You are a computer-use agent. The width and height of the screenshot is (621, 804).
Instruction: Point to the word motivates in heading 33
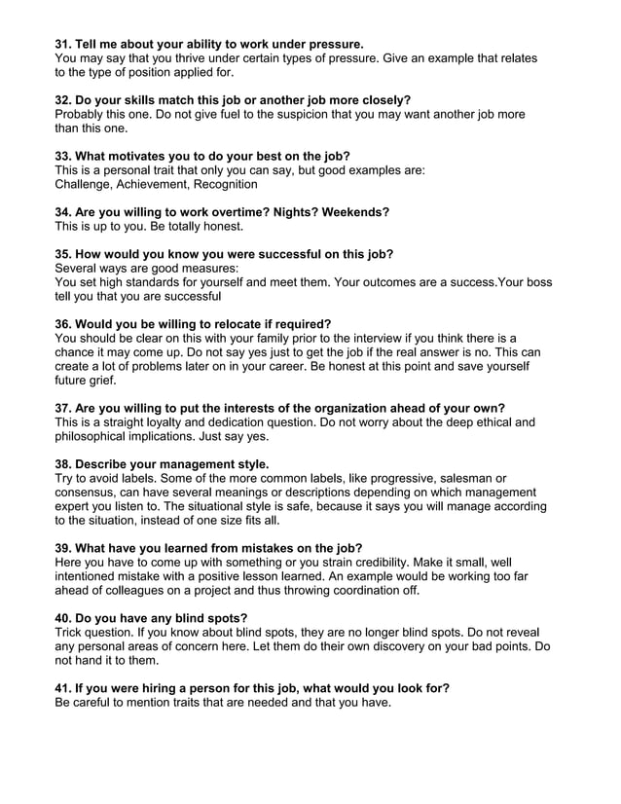pyautogui.click(x=153, y=156)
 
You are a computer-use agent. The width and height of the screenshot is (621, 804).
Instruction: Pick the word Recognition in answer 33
pyautogui.click(x=225, y=184)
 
